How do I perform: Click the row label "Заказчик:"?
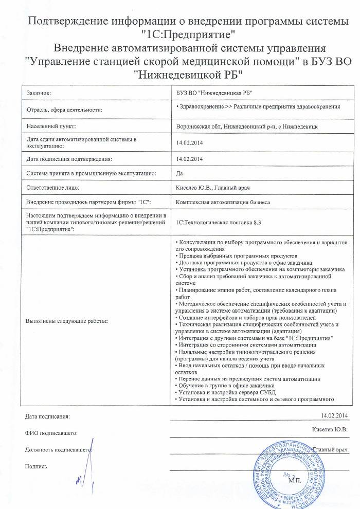click(x=40, y=93)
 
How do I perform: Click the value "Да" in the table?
click(x=179, y=173)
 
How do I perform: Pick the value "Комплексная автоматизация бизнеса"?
click(x=223, y=203)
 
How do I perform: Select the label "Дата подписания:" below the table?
click(x=47, y=415)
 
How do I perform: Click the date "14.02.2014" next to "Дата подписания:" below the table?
click(x=334, y=415)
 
